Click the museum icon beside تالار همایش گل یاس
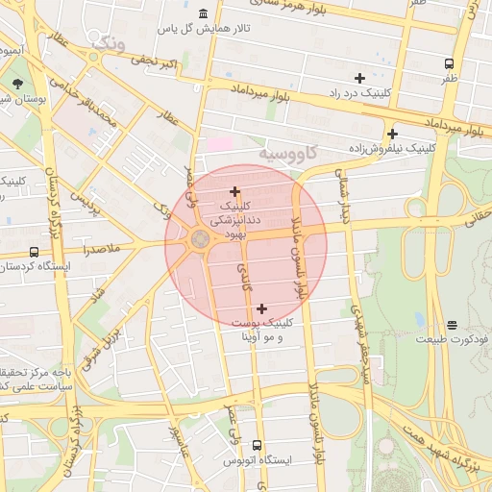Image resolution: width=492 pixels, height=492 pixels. pyautogui.click(x=203, y=13)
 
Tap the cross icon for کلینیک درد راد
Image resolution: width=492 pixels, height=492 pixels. pyautogui.click(x=359, y=77)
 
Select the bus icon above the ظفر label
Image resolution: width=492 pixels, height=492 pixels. pyautogui.click(x=450, y=63)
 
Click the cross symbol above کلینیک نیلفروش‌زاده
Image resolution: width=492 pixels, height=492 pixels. pyautogui.click(x=392, y=134)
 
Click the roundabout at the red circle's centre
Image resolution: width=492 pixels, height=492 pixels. pyautogui.click(x=201, y=239)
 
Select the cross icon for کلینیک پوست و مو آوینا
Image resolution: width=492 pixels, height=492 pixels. pyautogui.click(x=261, y=308)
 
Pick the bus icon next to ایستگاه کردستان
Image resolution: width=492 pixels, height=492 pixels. pyautogui.click(x=35, y=252)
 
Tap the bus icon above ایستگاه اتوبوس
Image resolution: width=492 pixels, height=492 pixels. pyautogui.click(x=257, y=445)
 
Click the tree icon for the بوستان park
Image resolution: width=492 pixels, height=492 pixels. pyautogui.click(x=18, y=84)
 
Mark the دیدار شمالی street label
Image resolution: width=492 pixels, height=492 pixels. pyautogui.click(x=342, y=197)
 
